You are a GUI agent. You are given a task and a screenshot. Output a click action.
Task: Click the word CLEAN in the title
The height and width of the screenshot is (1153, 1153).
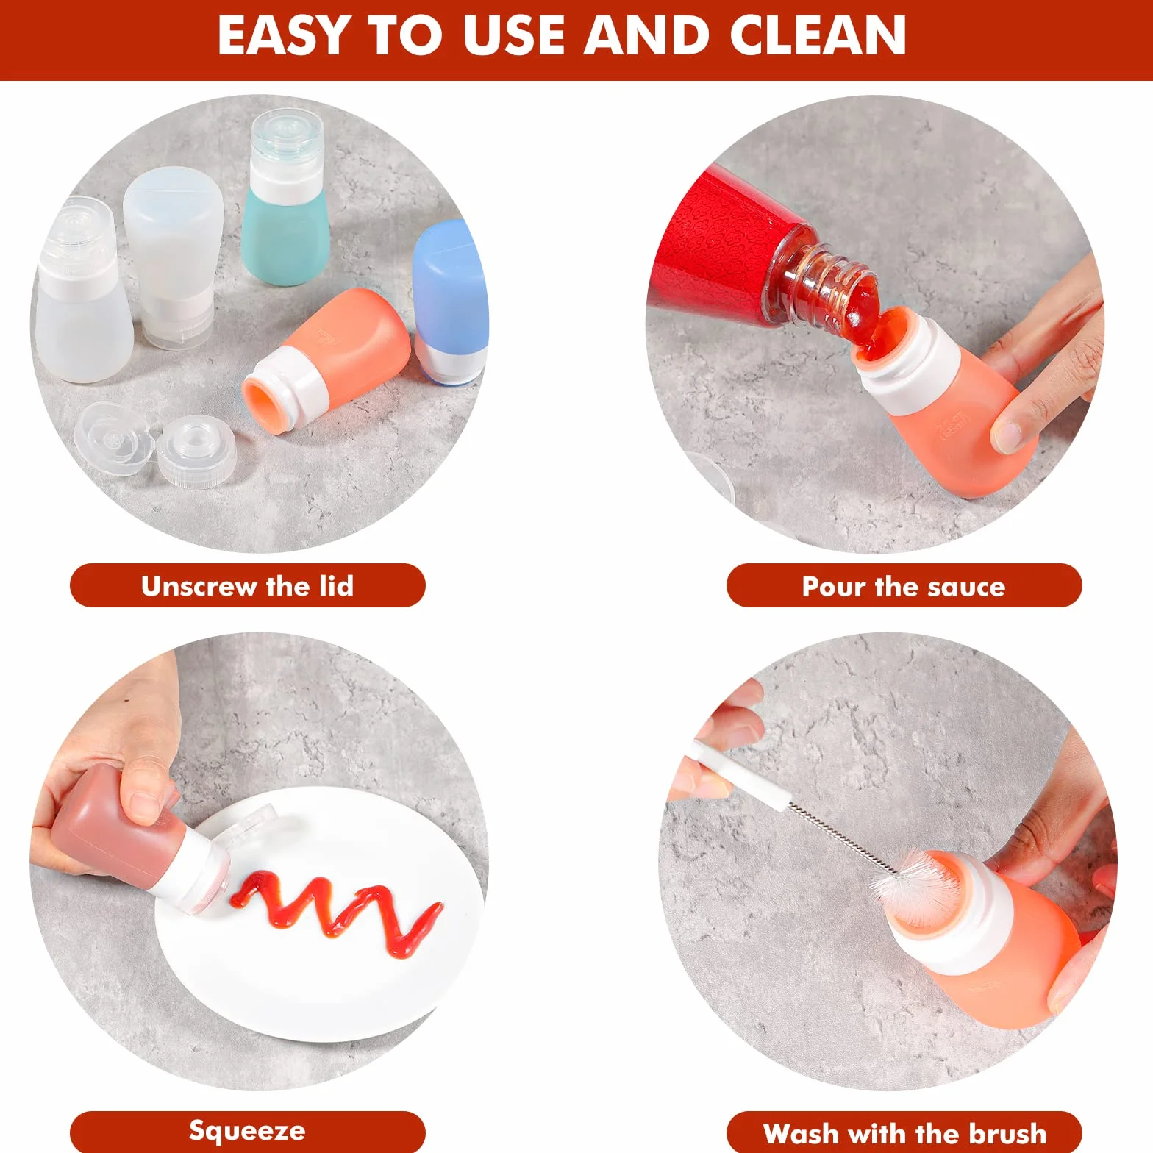818,35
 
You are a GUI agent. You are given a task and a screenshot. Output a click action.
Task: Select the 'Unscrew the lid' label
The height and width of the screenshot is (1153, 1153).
248,586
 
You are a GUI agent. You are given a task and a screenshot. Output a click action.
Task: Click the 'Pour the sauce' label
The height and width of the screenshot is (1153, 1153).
904,586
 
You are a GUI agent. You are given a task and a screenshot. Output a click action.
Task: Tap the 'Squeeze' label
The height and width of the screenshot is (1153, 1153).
248,1130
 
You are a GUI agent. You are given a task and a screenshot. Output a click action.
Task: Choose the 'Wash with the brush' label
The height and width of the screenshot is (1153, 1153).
904,1132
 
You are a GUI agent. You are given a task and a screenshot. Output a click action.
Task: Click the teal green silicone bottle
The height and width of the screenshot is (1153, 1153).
283,199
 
